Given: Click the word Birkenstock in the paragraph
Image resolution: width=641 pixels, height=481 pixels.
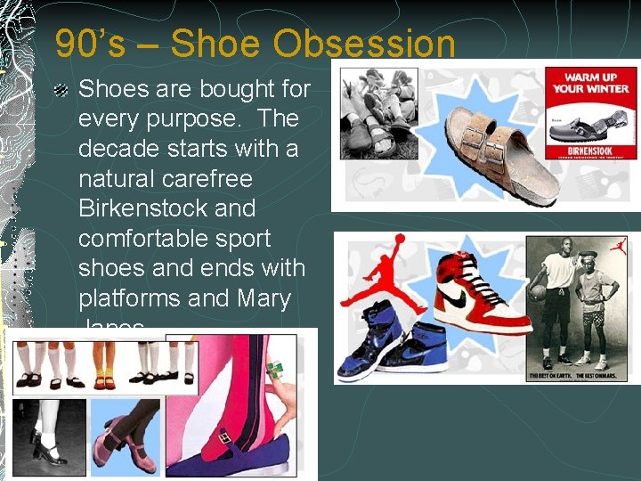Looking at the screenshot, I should tap(166, 208).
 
